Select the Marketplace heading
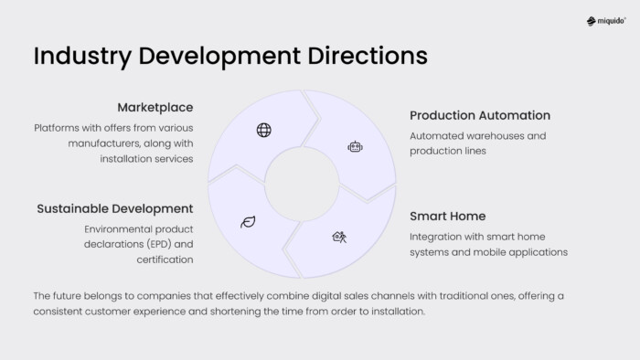coord(155,108)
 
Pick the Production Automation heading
coord(480,116)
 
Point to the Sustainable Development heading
coord(115,209)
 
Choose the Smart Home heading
coord(447,217)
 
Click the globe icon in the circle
coord(264,130)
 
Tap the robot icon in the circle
coord(355,146)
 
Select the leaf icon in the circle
coord(247,221)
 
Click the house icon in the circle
coord(338,237)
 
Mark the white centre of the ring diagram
coord(302,183)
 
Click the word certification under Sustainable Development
coord(165,259)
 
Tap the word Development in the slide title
coord(218,56)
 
